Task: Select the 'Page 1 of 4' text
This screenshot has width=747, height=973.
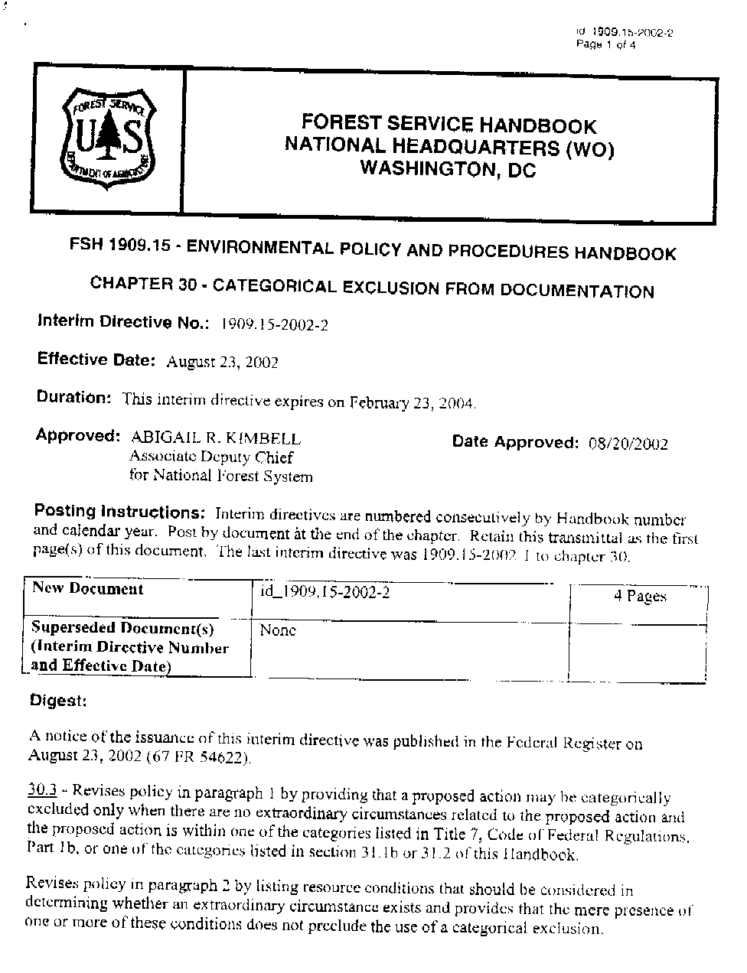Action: (605, 44)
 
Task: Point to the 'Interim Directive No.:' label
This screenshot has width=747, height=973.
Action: (123, 322)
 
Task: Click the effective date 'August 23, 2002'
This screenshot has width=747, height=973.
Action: (223, 362)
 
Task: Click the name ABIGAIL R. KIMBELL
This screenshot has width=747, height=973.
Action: (216, 438)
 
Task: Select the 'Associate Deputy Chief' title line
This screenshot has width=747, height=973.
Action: (211, 457)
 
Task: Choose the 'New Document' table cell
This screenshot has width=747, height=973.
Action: (88, 589)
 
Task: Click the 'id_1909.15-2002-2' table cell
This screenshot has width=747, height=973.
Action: (325, 592)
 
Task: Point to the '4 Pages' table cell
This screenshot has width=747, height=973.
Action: (640, 596)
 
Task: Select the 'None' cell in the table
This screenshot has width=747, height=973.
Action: (278, 630)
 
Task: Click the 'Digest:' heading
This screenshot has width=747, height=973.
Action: (58, 700)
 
